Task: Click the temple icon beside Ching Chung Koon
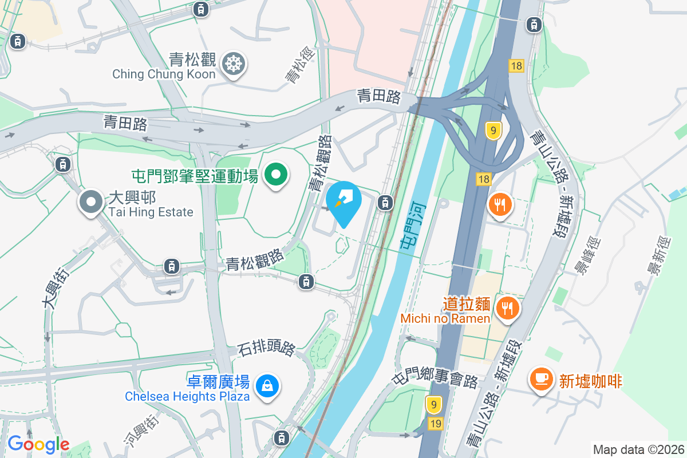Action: [234, 63]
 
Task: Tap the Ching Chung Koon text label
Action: [164, 74]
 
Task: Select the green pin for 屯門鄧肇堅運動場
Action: [275, 175]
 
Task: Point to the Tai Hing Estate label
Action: [151, 212]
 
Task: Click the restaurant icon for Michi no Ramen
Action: [507, 307]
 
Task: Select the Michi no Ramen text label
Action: [445, 318]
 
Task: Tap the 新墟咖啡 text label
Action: [590, 381]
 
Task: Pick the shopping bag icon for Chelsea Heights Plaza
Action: [267, 385]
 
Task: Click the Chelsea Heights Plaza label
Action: [187, 396]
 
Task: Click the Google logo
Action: [38, 444]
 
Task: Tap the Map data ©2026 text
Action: [638, 449]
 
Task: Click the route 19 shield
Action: [435, 423]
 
